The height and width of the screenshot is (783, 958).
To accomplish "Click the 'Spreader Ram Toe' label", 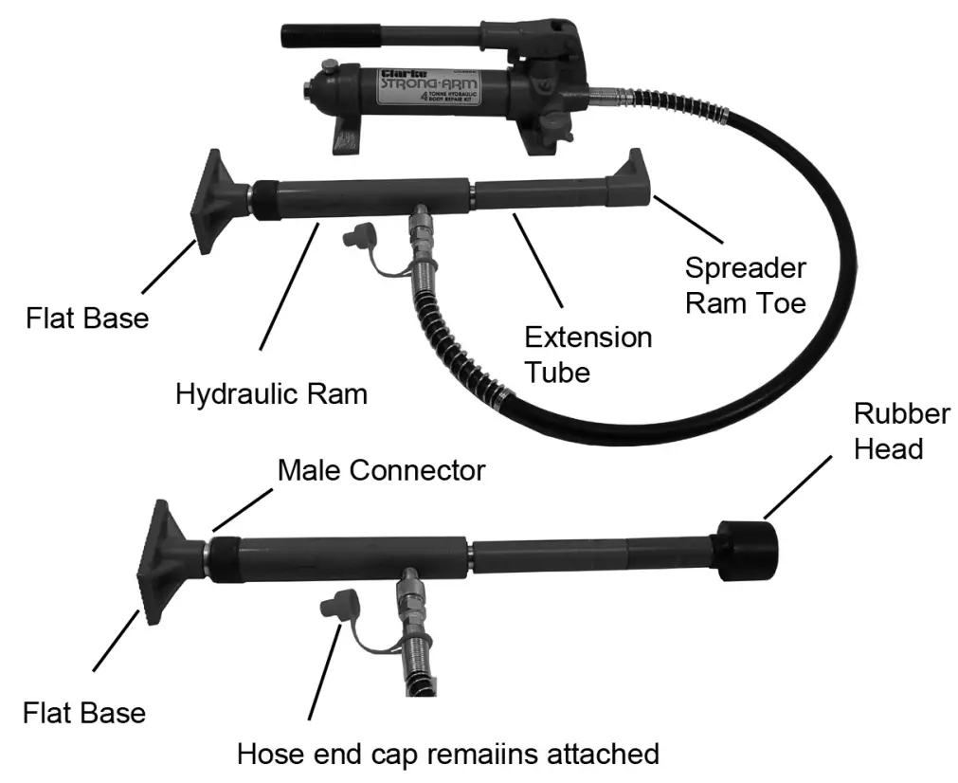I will pos(745,285).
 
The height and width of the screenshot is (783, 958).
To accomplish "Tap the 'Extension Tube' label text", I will pos(587,354).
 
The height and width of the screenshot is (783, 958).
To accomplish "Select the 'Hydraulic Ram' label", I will pos(271,393).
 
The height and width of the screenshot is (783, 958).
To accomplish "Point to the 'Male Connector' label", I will pos(381,469).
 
